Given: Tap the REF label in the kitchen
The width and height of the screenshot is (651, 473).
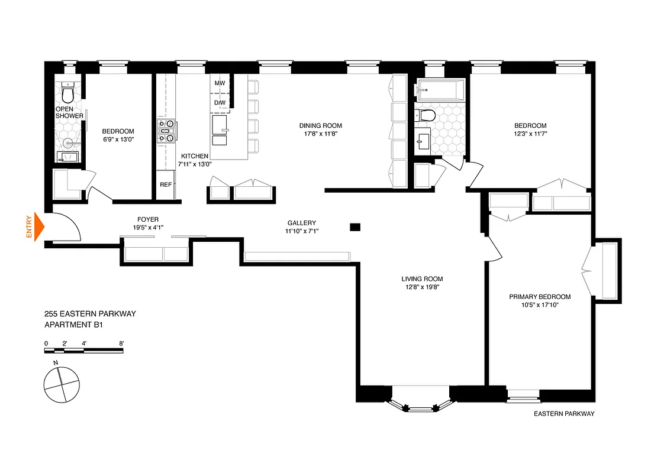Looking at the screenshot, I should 166,184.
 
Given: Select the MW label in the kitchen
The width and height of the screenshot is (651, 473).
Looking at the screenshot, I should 220,84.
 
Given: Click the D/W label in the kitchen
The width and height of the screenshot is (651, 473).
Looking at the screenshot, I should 220,103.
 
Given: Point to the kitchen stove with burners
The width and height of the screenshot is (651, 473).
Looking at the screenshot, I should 165,131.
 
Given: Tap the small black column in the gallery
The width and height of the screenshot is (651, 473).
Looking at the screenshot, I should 355,226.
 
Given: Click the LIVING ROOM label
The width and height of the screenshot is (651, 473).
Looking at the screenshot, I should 422,279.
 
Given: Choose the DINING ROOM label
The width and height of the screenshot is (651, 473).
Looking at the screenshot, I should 320,125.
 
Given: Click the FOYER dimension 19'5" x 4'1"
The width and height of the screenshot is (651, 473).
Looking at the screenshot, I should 148,228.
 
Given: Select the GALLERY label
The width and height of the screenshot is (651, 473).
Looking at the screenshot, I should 302,223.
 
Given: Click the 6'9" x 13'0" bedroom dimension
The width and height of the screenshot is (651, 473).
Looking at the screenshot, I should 118,140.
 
